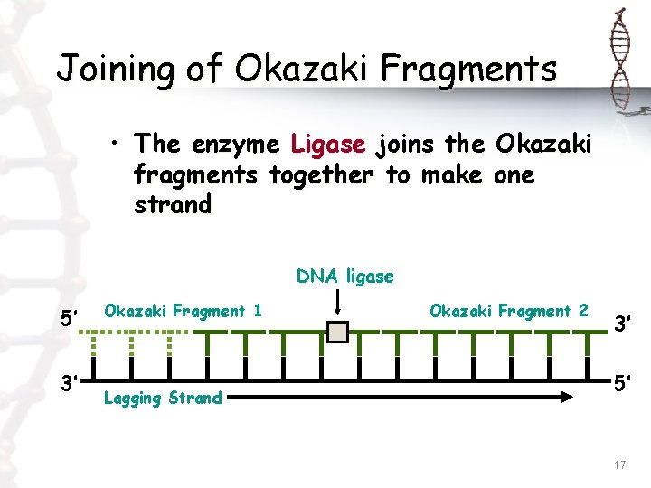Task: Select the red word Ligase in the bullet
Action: coord(328,143)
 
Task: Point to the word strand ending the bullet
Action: coord(172,204)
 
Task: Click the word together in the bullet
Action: coord(321,174)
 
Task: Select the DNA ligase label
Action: coord(344,276)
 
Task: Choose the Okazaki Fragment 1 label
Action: coord(184,311)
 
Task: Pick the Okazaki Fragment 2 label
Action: coord(508,311)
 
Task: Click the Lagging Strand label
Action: coord(163,398)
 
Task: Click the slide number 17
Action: coord(619,465)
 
